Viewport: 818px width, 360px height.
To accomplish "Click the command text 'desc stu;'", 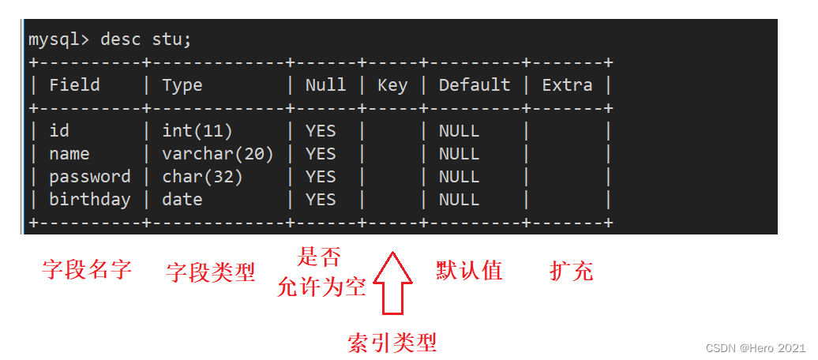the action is click(146, 40).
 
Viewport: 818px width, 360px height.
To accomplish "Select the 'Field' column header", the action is click(74, 85).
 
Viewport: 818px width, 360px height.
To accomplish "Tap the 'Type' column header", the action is click(182, 85).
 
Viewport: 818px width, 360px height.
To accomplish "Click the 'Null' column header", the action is click(325, 85).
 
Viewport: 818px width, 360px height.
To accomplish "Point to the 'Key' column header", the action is click(392, 85).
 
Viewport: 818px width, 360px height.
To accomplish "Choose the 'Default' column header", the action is click(475, 85).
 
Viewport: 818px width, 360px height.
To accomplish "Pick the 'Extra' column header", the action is click(567, 85).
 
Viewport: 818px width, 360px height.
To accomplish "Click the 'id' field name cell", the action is click(59, 130).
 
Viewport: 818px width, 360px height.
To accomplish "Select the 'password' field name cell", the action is click(90, 177).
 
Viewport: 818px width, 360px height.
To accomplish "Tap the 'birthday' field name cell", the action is click(90, 200).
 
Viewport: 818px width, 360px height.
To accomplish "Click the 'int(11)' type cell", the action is click(197, 131).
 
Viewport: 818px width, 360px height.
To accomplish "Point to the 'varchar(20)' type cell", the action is click(218, 154).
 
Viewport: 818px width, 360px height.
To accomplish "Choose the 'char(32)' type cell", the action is click(202, 177).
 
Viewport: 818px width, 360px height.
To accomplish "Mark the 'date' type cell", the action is click(182, 199).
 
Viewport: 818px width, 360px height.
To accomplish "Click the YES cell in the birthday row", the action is click(321, 199).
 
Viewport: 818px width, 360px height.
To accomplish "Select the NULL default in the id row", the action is click(459, 130).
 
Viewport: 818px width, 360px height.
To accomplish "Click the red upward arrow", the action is click(393, 283).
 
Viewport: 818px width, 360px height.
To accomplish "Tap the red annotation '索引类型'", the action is click(392, 343).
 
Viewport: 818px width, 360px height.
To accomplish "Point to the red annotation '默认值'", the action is click(469, 270).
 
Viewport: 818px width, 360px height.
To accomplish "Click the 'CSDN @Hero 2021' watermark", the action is click(756, 348).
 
